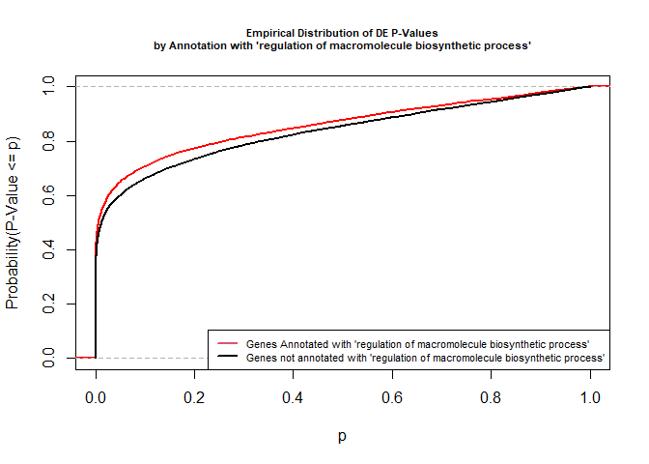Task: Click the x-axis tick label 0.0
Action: coord(96,397)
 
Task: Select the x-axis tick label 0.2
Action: coord(194,397)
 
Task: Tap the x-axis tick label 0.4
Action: coord(294,397)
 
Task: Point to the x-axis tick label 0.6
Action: coord(392,397)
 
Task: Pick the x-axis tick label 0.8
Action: coord(492,397)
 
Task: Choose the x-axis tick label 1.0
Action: coord(590,397)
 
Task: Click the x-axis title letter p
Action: coord(343,436)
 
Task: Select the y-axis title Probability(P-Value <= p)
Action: coord(13,222)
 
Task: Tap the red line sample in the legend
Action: coord(227,344)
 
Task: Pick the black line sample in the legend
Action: coord(227,357)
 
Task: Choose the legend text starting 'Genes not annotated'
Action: coord(425,357)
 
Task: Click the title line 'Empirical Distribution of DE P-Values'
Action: coord(343,33)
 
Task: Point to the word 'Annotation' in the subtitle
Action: coord(199,45)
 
